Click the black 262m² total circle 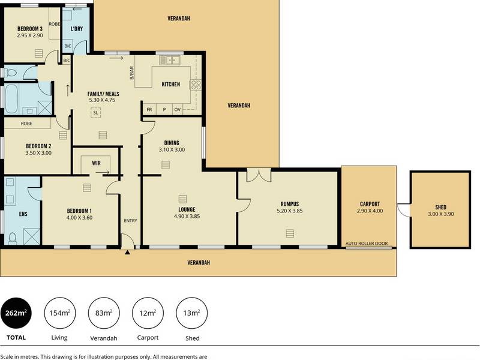click(16, 313)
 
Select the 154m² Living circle click(59, 313)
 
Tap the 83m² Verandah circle click(104, 313)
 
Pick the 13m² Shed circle click(191, 313)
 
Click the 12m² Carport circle click(148, 313)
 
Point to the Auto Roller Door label click(367, 244)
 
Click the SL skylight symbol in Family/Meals click(96, 113)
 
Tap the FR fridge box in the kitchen click(149, 109)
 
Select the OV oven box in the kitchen click(177, 109)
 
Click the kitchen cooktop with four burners click(196, 85)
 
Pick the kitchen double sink click(170, 60)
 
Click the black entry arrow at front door click(127, 252)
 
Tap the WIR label click(96, 163)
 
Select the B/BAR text click(132, 73)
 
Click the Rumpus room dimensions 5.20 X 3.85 click(290, 211)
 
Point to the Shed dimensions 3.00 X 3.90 click(441, 214)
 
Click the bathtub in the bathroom click(11, 99)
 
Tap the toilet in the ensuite click(13, 238)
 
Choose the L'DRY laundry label click(77, 29)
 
